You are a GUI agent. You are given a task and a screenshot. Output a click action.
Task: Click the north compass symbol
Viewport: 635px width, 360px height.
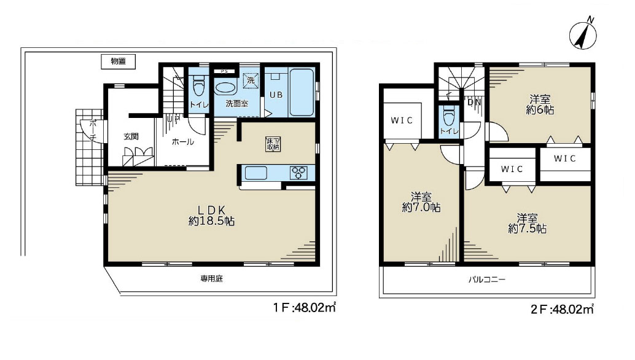[x=583, y=34]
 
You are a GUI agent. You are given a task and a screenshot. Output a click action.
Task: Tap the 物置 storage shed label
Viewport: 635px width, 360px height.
[x=118, y=61]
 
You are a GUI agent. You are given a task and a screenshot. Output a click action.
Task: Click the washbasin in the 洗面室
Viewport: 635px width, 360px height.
[x=225, y=88]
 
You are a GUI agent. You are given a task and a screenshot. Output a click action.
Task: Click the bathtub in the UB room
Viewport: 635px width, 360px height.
[x=302, y=92]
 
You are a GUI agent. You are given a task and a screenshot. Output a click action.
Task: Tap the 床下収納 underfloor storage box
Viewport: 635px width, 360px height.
[x=273, y=144]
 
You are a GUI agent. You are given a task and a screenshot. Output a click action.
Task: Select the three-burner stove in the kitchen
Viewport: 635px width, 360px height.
[x=298, y=173]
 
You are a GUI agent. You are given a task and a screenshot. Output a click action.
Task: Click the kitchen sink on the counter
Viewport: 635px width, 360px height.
[x=256, y=173]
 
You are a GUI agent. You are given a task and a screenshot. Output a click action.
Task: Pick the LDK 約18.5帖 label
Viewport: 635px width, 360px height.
[x=211, y=216]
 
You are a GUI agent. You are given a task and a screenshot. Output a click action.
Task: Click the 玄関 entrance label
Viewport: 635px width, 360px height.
[x=131, y=136]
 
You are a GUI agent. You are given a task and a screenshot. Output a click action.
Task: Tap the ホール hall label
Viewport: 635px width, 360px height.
[x=182, y=142]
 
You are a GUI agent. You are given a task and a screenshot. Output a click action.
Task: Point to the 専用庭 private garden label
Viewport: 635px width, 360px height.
[x=211, y=279]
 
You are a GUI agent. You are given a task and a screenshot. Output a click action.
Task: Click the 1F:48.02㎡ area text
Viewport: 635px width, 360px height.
[x=304, y=308]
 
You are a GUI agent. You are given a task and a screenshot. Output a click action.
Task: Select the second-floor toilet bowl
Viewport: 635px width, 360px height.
[x=448, y=116]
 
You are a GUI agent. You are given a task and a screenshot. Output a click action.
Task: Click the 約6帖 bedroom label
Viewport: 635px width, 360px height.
[x=540, y=104]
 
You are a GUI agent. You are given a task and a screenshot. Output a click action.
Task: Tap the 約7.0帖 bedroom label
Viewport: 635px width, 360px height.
[x=421, y=203]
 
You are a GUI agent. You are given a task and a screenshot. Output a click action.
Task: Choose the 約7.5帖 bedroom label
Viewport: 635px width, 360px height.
[x=528, y=224]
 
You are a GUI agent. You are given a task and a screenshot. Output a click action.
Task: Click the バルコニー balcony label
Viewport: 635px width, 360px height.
[x=487, y=280]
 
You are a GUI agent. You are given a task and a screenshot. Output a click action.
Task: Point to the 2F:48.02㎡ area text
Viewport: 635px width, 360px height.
[x=562, y=309]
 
